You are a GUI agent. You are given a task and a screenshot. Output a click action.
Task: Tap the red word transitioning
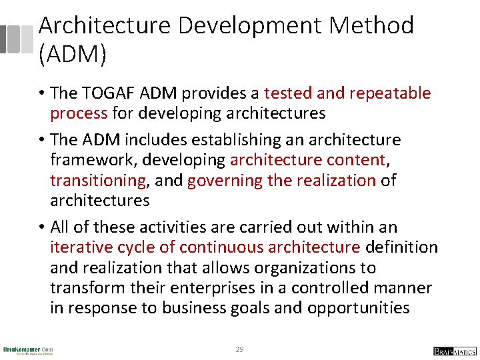[97, 181]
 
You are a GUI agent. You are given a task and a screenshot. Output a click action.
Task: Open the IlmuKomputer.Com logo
[28, 350]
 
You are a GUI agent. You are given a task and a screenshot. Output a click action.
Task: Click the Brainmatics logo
[455, 351]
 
